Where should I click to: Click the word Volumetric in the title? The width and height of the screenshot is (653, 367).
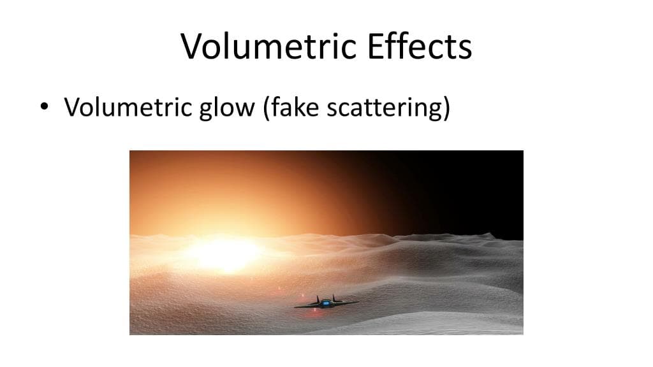(268, 46)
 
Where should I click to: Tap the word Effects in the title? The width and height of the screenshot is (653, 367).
(420, 46)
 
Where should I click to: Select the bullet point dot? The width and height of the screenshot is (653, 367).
(44, 106)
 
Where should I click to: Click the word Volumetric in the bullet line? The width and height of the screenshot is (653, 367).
(128, 107)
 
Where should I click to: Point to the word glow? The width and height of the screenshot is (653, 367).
(227, 108)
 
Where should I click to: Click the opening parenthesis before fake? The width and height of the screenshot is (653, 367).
(266, 108)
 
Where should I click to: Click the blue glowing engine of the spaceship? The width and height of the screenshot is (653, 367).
(326, 303)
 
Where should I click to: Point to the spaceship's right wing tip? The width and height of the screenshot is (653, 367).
(357, 302)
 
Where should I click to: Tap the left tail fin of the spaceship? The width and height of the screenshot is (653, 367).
(318, 299)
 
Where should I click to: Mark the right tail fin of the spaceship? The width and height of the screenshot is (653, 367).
(334, 298)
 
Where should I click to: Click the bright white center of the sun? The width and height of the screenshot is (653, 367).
(226, 255)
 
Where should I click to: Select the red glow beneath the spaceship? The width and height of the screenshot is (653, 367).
(315, 310)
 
